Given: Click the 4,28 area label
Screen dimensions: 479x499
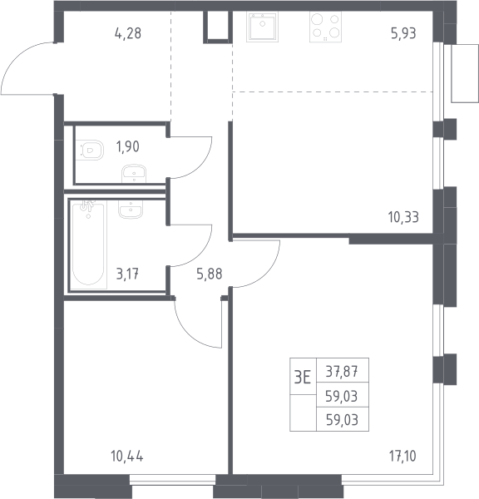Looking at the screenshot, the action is tap(128, 33).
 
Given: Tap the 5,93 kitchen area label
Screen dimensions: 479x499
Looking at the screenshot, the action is tap(403, 33).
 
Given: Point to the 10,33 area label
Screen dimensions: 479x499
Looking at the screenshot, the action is tap(403, 217).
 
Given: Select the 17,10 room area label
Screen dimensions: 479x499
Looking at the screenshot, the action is tap(402, 456).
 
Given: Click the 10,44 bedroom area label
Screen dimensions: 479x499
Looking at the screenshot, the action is tap(127, 456).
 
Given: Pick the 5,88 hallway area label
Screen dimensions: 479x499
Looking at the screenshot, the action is tap(210, 274).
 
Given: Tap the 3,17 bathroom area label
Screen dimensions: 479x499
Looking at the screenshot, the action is tap(127, 274).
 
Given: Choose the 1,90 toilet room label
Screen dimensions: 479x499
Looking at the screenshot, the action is tap(127, 146).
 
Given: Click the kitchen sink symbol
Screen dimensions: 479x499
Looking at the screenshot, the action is tap(262, 27).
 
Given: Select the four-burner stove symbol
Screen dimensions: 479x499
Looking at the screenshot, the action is tap(326, 27).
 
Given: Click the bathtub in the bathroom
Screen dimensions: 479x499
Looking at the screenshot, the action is tap(88, 245).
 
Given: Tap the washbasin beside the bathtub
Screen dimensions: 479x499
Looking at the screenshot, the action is tap(131, 210).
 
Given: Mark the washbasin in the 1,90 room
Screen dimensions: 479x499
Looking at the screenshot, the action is tap(134, 174).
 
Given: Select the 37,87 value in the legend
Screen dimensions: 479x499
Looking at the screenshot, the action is tap(342, 372).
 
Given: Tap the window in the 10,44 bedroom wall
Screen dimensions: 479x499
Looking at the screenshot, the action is tap(173, 480).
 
